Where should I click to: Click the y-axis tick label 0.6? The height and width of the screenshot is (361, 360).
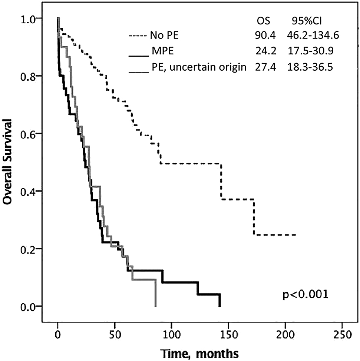click(x=27, y=133)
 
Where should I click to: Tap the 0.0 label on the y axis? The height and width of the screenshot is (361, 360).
click(x=27, y=306)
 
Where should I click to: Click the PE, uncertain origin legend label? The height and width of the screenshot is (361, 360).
click(x=198, y=67)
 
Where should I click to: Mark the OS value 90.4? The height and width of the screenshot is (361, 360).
click(x=264, y=36)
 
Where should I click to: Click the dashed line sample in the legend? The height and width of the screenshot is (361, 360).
click(x=138, y=36)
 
